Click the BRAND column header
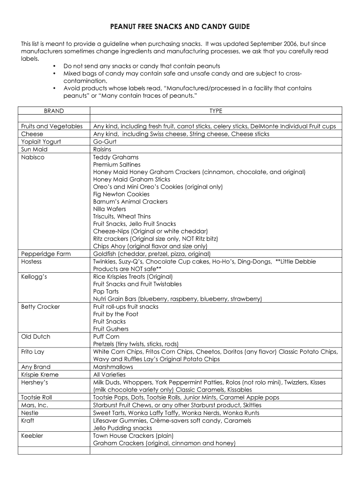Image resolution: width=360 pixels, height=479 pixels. point(54,111)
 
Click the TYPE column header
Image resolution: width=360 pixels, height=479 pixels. point(216,111)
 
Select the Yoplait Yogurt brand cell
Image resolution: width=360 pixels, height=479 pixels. point(41,141)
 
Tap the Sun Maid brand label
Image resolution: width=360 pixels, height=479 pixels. point(34,149)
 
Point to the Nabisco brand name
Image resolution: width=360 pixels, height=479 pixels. point(33,157)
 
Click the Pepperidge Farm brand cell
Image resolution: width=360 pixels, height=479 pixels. point(46,254)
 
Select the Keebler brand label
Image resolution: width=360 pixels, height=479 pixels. point(32,435)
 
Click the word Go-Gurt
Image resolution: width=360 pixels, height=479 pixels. point(105,141)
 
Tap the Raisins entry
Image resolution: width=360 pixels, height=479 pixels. point(102,149)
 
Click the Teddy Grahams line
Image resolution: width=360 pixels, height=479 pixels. point(115,157)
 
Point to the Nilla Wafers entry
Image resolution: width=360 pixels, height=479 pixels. point(109,209)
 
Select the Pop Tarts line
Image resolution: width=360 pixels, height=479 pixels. point(106,291)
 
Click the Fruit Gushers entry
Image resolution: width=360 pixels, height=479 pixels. point(110,329)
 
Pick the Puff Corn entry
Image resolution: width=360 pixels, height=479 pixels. point(106,337)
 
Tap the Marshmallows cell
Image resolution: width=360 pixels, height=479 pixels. point(113,367)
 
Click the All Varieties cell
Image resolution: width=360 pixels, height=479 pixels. point(109,375)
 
